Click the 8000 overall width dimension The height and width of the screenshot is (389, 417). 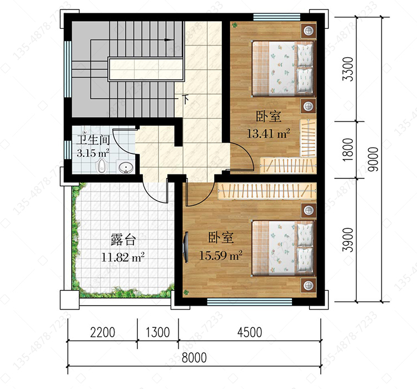[x=194, y=358]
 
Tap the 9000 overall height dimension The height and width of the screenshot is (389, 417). [x=374, y=159]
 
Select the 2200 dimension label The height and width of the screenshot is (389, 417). [x=102, y=332]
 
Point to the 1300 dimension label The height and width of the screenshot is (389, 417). [x=158, y=332]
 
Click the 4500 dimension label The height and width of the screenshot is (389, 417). [x=250, y=332]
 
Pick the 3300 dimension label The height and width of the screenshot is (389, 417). [x=348, y=69]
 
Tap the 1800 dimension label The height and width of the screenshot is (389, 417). [x=348, y=149]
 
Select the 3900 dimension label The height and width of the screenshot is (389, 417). [x=348, y=240]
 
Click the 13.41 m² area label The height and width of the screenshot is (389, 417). [x=269, y=133]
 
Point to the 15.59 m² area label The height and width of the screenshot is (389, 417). [x=221, y=255]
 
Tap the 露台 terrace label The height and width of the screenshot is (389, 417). [x=123, y=240]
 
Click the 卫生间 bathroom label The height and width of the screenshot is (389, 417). [x=93, y=140]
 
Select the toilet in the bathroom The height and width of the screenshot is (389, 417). [x=101, y=166]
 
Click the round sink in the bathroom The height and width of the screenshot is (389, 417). [x=126, y=167]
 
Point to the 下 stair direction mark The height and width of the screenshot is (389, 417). [x=186, y=99]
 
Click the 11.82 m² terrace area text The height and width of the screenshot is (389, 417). [x=123, y=257]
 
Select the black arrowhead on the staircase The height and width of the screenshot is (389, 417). [x=168, y=40]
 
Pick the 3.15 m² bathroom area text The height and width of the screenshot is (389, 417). [x=93, y=153]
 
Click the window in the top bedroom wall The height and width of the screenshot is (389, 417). [x=277, y=17]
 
